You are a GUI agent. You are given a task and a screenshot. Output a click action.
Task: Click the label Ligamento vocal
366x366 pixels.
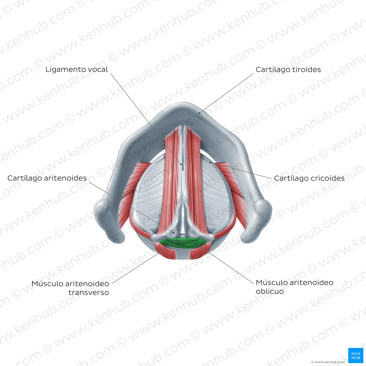pyautogui.click(x=77, y=70)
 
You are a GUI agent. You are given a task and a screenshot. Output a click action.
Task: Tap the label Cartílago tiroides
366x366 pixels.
pyautogui.click(x=288, y=70)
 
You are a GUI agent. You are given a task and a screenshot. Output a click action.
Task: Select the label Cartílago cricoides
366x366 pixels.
pyautogui.click(x=309, y=178)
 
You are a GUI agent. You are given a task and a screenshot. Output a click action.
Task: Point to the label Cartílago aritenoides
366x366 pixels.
pyautogui.click(x=47, y=178)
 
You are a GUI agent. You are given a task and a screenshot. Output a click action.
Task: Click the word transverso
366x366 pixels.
pyautogui.click(x=89, y=293)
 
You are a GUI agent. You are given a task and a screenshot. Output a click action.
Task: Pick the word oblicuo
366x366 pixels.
pyautogui.click(x=270, y=291)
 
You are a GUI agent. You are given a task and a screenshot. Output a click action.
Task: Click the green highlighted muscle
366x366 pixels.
pyautogui.click(x=183, y=243)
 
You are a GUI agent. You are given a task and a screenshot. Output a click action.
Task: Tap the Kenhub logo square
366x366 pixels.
pyautogui.click(x=356, y=356)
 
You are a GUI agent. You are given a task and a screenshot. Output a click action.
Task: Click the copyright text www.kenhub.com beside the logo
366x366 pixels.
pyautogui.click(x=328, y=362)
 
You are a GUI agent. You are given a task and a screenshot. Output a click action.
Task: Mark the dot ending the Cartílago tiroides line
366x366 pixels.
pyautogui.click(x=199, y=113)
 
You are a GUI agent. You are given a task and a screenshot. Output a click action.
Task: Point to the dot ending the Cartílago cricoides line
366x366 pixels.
pyautogui.click(x=210, y=162)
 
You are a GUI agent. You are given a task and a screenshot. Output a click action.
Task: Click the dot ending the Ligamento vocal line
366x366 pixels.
pyautogui.click(x=181, y=164)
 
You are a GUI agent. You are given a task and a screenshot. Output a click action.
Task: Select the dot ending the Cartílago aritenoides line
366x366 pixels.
pyautogui.click(x=173, y=232)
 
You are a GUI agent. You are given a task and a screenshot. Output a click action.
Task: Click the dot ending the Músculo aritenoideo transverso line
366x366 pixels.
pyautogui.click(x=178, y=241)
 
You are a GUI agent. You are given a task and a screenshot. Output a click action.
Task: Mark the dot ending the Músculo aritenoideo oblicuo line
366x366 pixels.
pyautogui.click(x=197, y=244)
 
